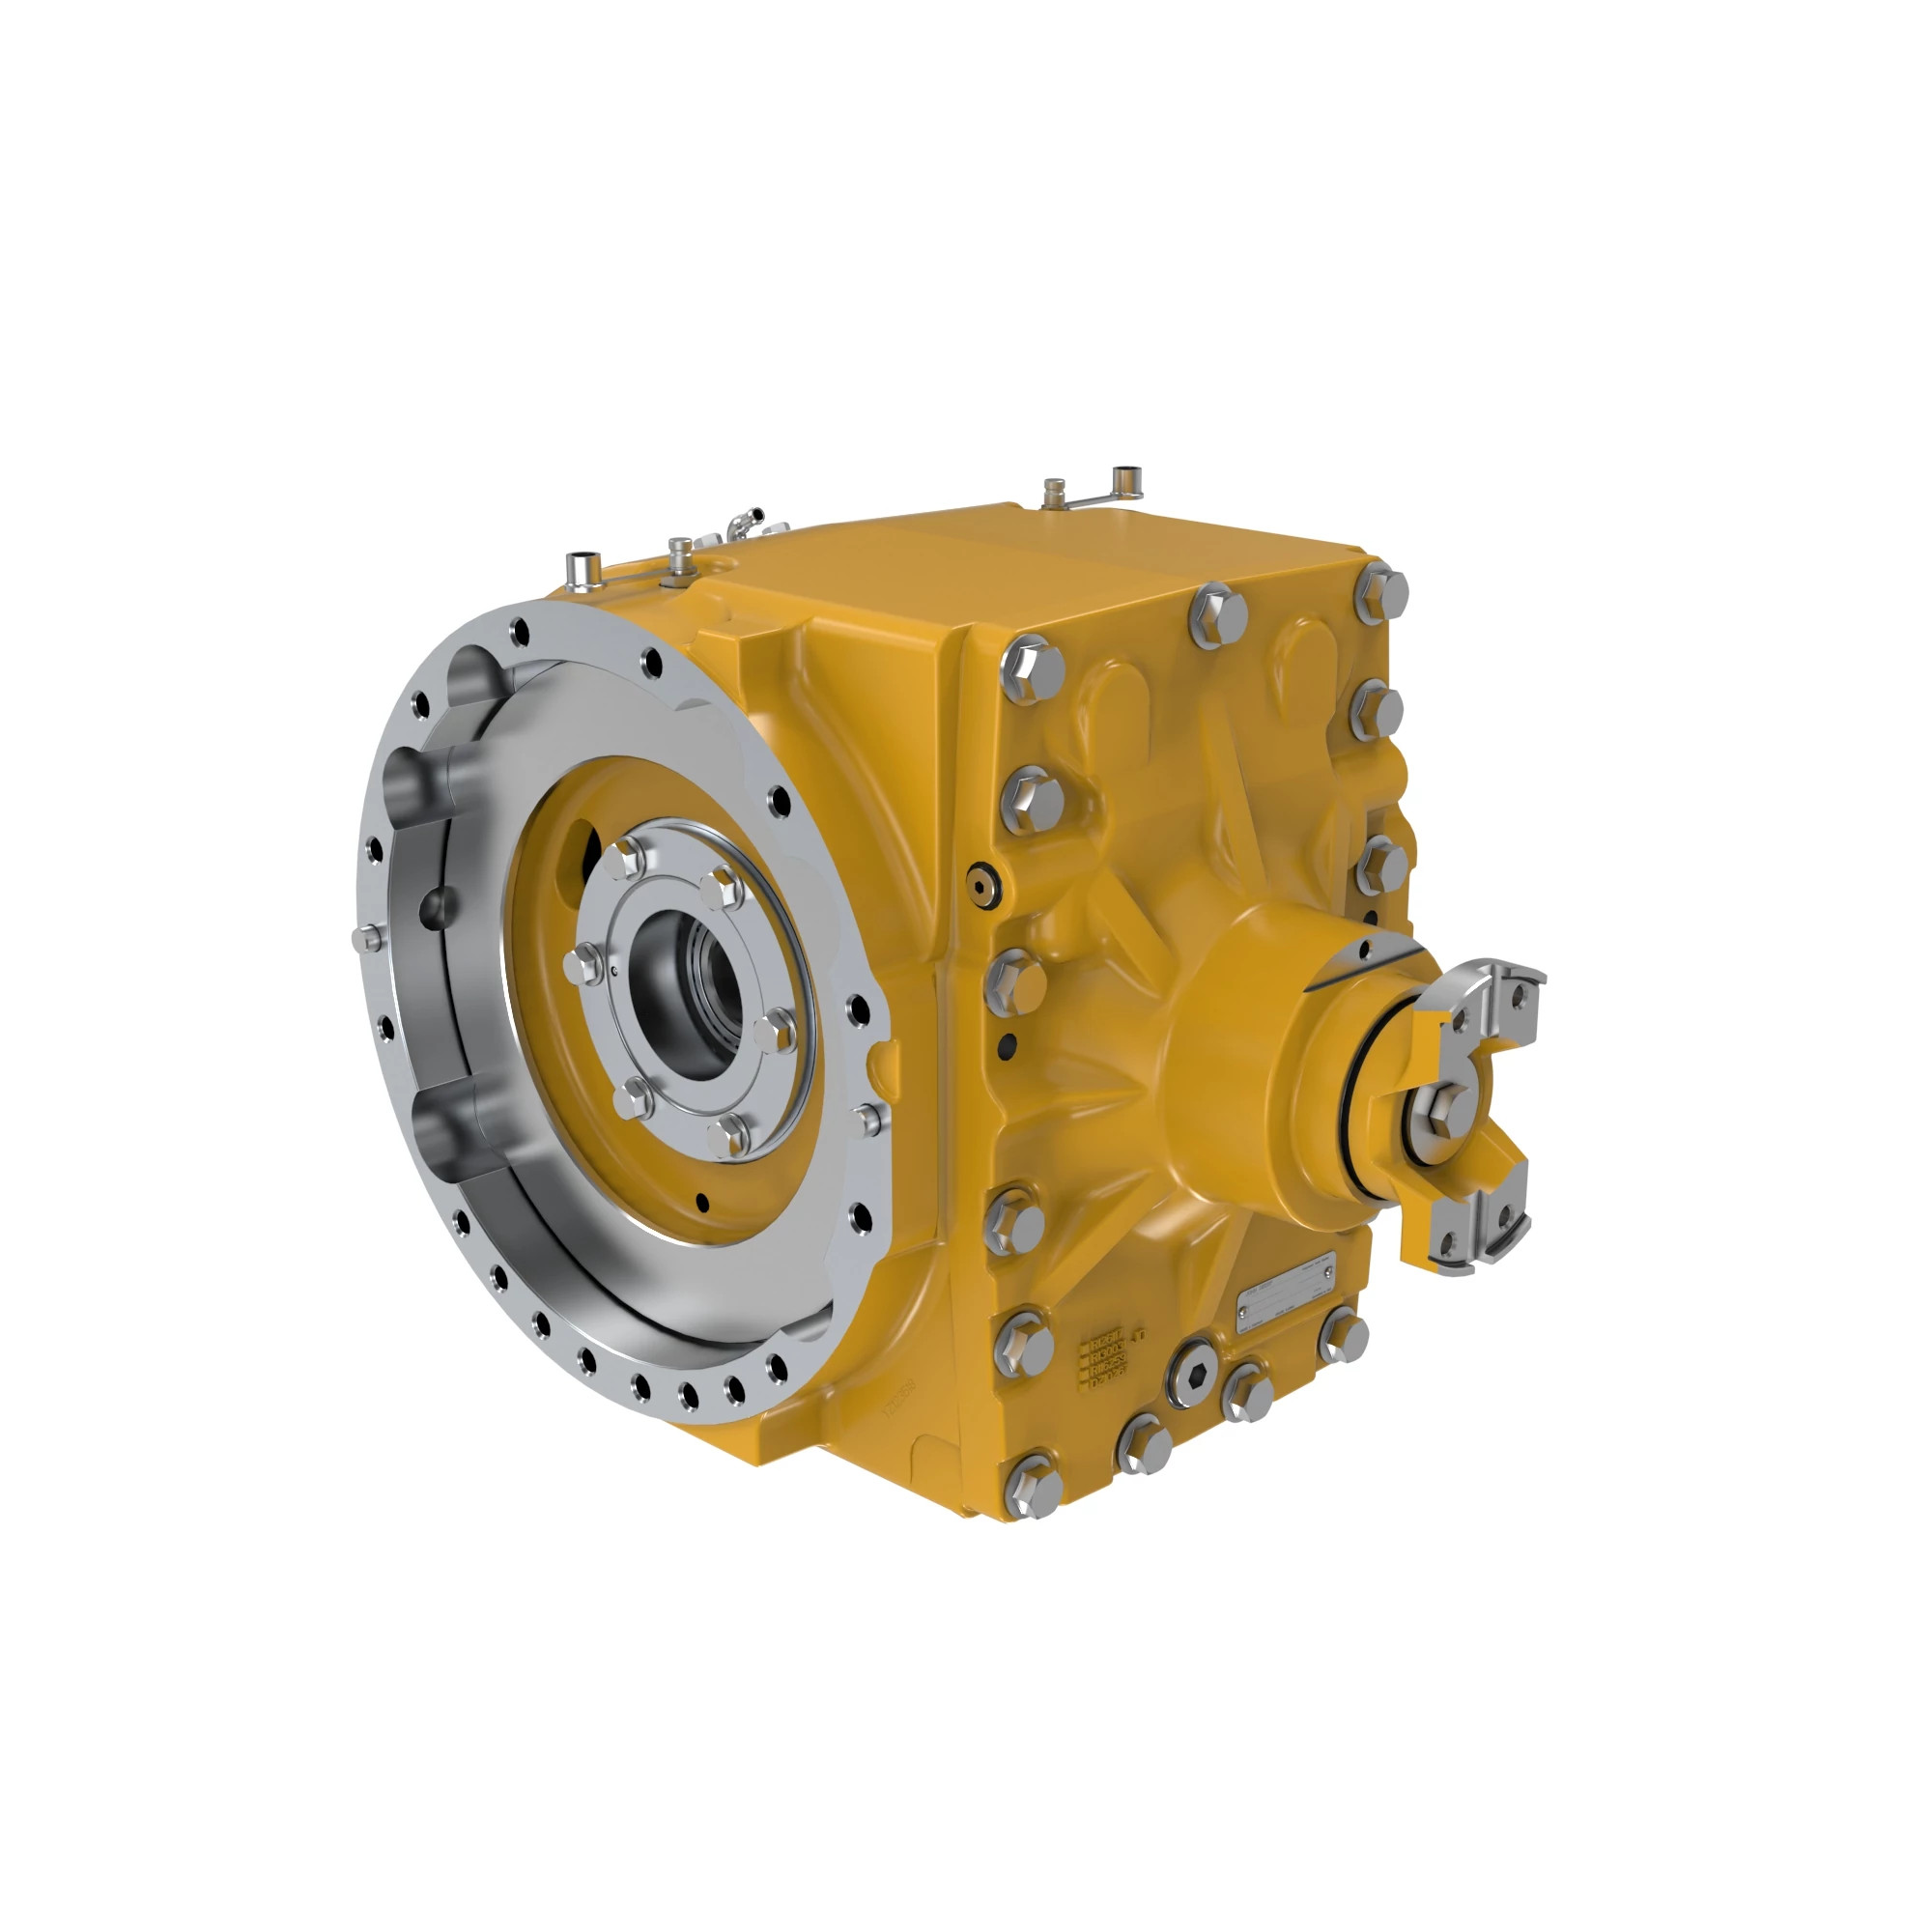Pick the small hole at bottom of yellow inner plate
(x=701, y=1203)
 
